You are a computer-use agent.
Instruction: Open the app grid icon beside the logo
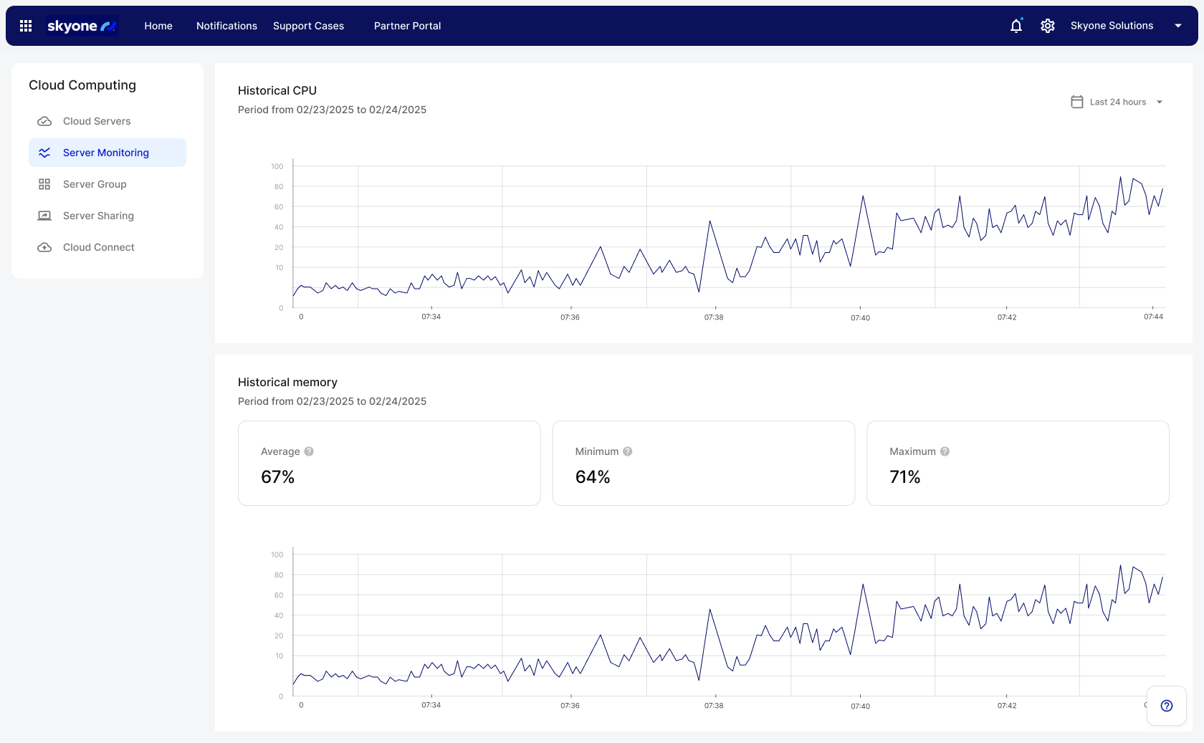pos(26,26)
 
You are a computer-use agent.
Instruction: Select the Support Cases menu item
pos(308,26)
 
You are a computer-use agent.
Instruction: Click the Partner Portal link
pos(407,26)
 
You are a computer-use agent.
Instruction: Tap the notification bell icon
pos(1016,26)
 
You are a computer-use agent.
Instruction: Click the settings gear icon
pos(1048,26)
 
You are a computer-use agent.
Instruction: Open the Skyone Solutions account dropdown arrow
pos(1178,26)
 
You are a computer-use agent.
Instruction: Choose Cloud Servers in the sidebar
pos(97,121)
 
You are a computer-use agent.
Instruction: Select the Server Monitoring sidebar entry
pos(106,153)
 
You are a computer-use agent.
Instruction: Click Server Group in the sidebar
pos(95,184)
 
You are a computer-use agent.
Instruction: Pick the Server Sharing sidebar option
pos(98,216)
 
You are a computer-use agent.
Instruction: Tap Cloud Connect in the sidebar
pos(98,247)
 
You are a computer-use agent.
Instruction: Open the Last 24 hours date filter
pos(1117,102)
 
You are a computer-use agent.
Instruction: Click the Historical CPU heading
pos(277,90)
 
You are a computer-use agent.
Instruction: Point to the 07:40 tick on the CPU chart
pos(860,317)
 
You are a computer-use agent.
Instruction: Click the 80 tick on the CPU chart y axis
pos(279,186)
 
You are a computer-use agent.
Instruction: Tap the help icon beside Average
pos(309,451)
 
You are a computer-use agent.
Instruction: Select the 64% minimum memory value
pos(593,477)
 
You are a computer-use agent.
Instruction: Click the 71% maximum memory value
pos(904,477)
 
